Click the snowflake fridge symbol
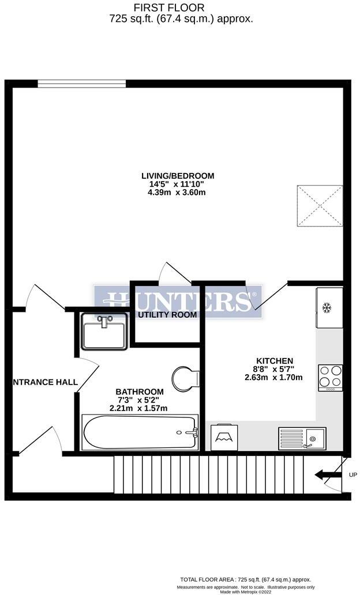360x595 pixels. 327,308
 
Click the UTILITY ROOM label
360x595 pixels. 167,315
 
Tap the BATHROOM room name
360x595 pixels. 138,390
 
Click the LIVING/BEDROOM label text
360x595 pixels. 178,176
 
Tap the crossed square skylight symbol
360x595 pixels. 319,206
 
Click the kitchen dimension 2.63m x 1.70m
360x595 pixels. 273,378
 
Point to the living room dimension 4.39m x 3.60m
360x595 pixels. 178,193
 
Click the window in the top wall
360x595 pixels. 82,84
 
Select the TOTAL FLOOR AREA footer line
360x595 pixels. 245,579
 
